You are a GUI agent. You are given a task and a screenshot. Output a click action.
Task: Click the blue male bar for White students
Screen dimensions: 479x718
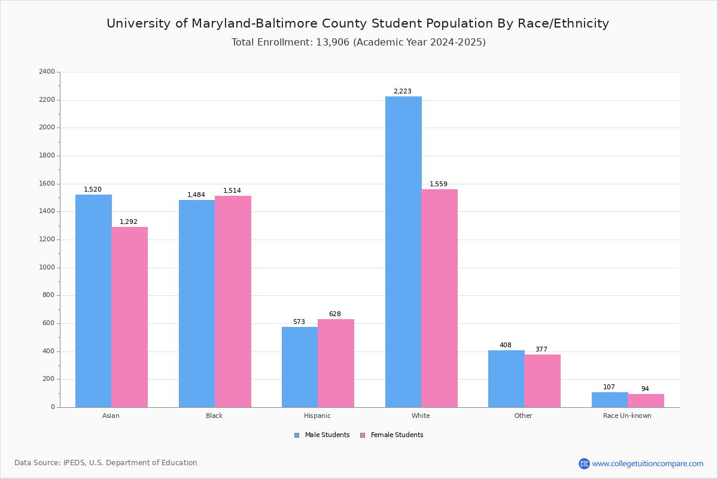tap(403, 251)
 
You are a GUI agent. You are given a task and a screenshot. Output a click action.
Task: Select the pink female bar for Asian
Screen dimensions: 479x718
tap(129, 317)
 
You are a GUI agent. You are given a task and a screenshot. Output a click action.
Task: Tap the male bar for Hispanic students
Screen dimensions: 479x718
tap(300, 367)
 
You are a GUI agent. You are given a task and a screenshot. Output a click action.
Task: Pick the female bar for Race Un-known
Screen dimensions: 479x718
tap(646, 401)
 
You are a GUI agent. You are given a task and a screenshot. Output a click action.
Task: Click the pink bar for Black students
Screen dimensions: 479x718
tap(233, 301)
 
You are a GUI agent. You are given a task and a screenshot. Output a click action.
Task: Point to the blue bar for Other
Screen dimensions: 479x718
tap(506, 378)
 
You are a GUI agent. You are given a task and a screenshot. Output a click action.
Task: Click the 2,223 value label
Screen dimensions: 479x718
tap(402, 92)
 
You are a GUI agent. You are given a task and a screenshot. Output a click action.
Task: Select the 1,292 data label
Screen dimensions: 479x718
tap(129, 222)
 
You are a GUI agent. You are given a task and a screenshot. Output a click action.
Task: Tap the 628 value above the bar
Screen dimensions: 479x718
tap(334, 314)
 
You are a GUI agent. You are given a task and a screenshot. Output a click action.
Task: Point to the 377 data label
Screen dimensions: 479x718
tap(541, 350)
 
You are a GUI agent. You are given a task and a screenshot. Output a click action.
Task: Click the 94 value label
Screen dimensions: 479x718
tap(645, 389)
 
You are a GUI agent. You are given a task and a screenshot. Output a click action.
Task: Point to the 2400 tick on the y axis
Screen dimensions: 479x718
tap(47, 72)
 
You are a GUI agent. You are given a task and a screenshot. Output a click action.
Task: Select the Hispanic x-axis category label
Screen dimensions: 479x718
tap(317, 416)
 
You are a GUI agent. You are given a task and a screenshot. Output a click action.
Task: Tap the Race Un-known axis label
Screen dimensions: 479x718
tap(627, 416)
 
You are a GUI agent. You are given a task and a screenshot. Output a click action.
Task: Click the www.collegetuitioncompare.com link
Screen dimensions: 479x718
tap(647, 464)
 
